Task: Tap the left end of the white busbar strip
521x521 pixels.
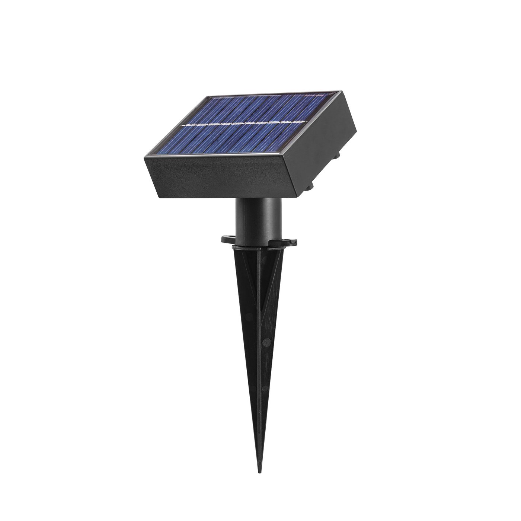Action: [182, 125]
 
